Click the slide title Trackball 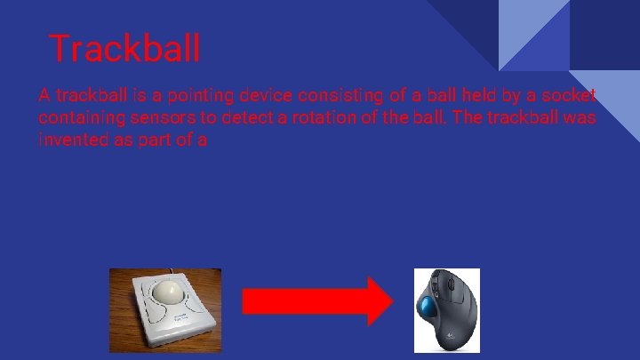pos(124,48)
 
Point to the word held pos(476,96)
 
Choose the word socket pos(570,96)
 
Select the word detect pos(244,118)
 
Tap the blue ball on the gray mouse pos(432,308)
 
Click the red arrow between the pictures pos(316,300)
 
